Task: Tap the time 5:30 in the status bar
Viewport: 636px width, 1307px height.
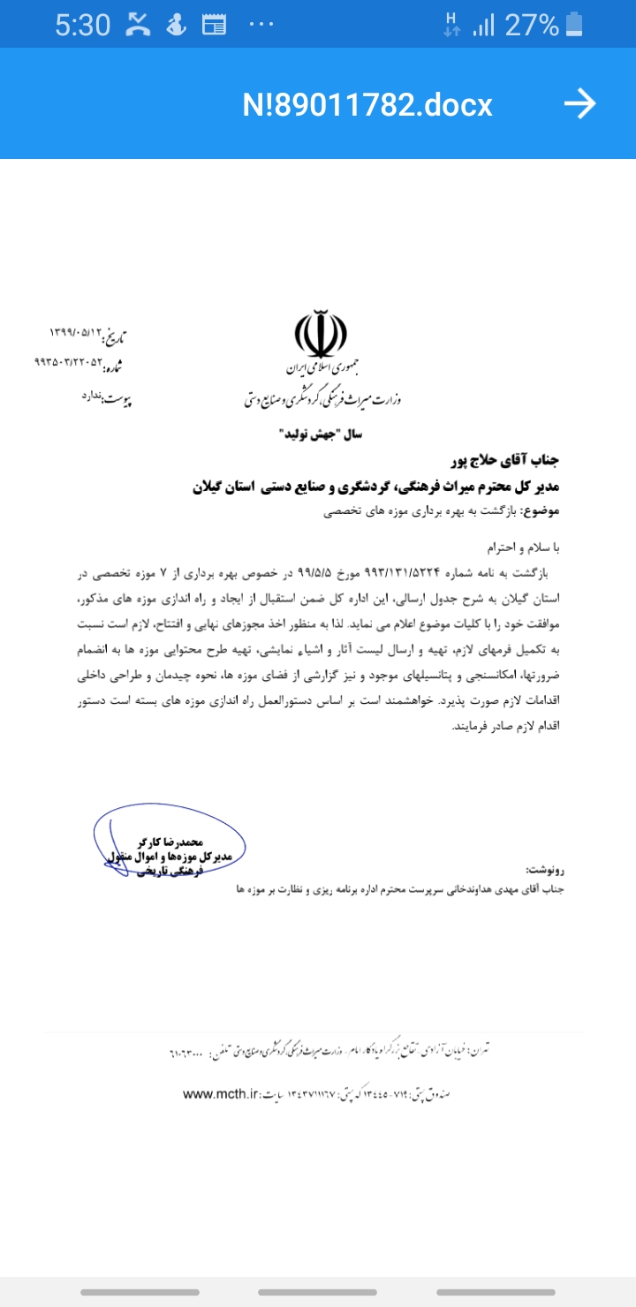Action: click(82, 25)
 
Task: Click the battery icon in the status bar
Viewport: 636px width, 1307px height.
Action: click(575, 24)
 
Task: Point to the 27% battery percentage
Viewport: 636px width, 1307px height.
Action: click(532, 25)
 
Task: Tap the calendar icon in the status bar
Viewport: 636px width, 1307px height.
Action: click(214, 25)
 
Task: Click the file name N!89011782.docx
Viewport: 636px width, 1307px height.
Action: click(367, 105)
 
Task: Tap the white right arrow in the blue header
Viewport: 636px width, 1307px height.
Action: click(579, 104)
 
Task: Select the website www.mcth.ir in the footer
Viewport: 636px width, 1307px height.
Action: click(219, 1093)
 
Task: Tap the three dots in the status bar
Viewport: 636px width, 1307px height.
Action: click(261, 25)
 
